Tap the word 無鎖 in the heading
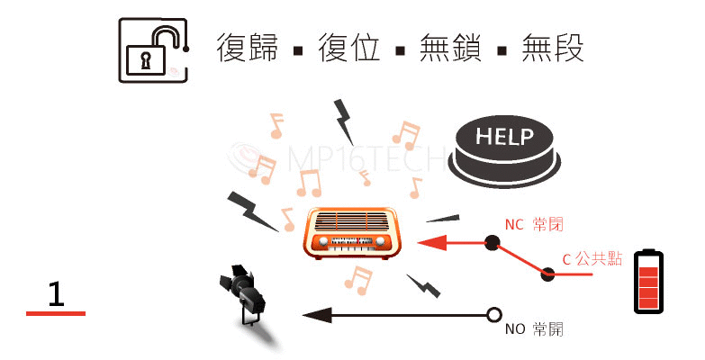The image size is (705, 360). tap(450, 47)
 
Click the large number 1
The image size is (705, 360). tap(56, 293)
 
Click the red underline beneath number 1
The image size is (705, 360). tap(56, 313)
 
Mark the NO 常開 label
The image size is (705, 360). tap(534, 329)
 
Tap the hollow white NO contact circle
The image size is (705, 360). tap(493, 315)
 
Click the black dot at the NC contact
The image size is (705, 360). tap(492, 241)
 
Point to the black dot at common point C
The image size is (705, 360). tap(547, 273)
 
